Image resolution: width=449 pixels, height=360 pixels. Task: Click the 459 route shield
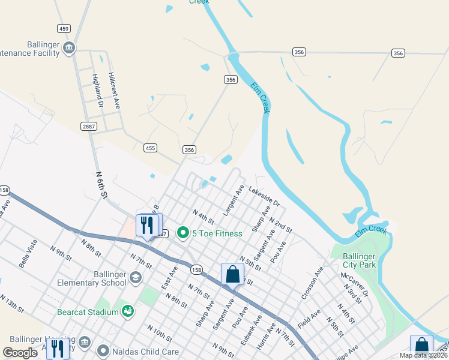pos(64,28)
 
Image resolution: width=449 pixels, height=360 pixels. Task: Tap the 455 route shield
pos(150,148)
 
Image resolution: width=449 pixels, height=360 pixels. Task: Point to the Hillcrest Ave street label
pos(113,91)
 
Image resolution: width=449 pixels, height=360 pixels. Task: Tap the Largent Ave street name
pos(233,200)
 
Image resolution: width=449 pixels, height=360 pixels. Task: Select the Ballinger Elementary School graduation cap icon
pos(136,277)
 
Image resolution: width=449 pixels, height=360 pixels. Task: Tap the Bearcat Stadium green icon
pos(127,311)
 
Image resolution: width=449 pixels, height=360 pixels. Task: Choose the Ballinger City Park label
pos(359,260)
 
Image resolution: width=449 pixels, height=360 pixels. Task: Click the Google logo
pos(20,353)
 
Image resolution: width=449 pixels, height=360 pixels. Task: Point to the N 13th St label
pos(11,304)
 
